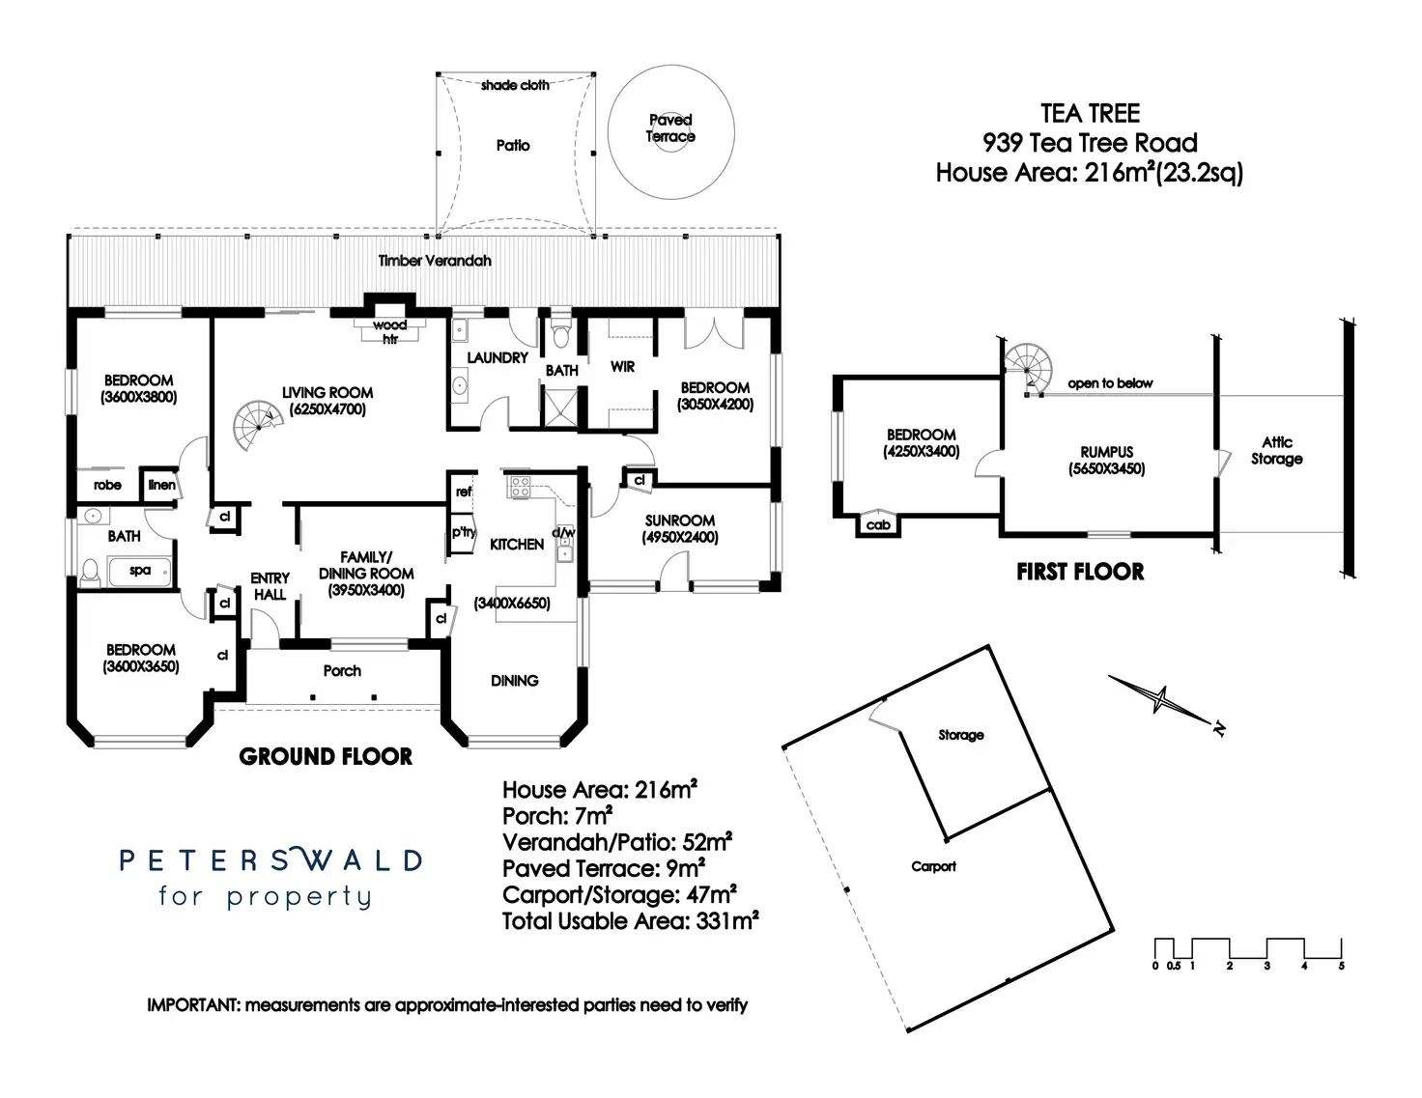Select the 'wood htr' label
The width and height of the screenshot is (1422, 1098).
tap(390, 331)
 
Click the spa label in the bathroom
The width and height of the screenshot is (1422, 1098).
tap(140, 571)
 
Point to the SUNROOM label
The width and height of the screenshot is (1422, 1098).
tap(680, 521)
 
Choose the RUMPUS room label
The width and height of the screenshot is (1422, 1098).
tap(1107, 452)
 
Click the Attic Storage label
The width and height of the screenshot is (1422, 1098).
tap(1276, 451)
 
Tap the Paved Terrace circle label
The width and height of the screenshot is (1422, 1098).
tap(670, 128)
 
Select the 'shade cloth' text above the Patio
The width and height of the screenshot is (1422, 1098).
tap(515, 85)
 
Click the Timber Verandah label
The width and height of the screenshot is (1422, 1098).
tap(435, 261)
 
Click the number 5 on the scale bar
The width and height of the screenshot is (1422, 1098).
tap(1341, 966)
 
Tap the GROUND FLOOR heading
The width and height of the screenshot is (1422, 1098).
tap(326, 756)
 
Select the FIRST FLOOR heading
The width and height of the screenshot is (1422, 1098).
tap(1080, 572)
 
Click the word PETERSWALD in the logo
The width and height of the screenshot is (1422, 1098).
tap(270, 859)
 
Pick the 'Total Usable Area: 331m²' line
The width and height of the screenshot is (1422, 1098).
tap(630, 921)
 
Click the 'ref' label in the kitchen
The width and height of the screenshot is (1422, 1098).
tap(464, 493)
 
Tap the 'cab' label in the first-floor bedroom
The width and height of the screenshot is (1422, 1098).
tap(878, 525)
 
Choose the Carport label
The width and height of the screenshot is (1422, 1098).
tap(933, 866)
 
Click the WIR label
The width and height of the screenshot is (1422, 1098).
tap(623, 367)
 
